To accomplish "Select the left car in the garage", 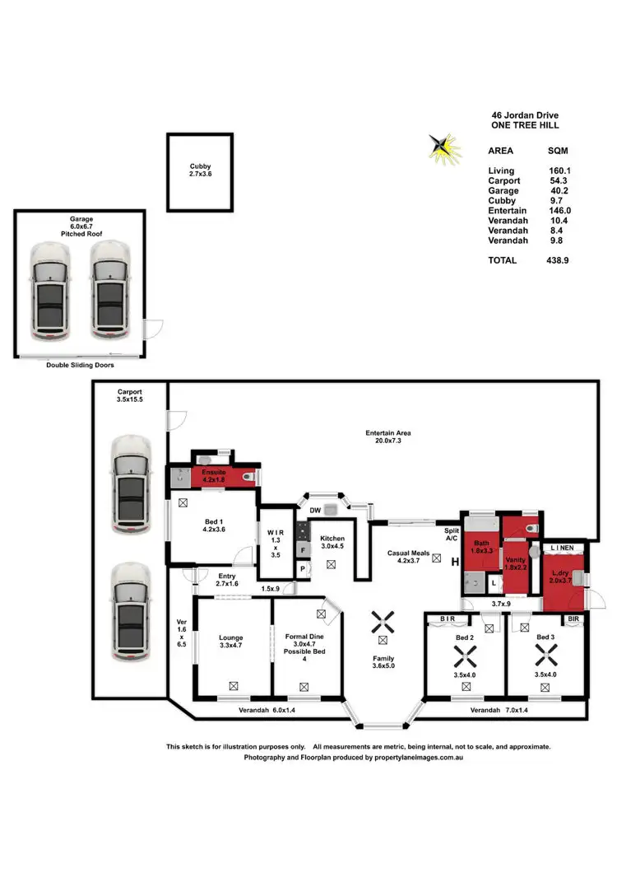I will [51, 291].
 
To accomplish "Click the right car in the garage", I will [110, 291].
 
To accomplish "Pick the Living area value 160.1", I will [559, 171].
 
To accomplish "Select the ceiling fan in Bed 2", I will [465, 656].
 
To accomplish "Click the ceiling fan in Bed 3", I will [545, 656].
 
